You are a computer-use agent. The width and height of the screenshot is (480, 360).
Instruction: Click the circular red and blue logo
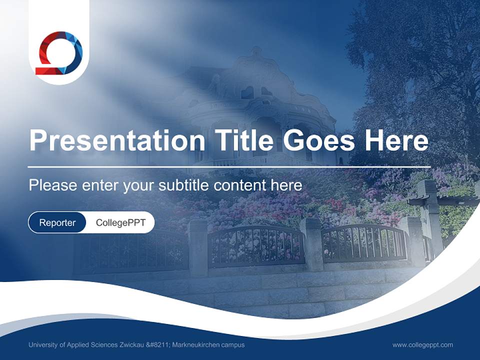58,53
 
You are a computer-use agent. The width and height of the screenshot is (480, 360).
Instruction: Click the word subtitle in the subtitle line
184,185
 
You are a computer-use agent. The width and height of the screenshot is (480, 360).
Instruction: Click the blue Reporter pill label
57,222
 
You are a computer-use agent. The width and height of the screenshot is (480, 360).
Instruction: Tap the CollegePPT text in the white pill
120,222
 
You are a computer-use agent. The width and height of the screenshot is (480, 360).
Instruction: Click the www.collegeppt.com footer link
422,345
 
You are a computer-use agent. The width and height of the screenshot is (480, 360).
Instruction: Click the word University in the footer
43,345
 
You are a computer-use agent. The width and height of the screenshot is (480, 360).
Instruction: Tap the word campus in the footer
233,345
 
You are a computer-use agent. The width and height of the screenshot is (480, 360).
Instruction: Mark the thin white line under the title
229,167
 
